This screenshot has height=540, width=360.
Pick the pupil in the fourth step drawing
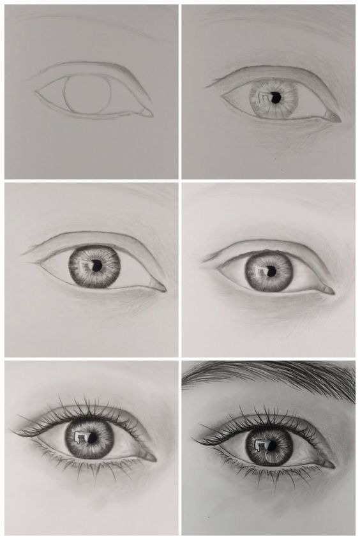point(271,271)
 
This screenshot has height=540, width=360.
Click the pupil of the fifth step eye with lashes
point(91,439)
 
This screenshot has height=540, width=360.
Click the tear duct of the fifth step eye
point(150,457)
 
